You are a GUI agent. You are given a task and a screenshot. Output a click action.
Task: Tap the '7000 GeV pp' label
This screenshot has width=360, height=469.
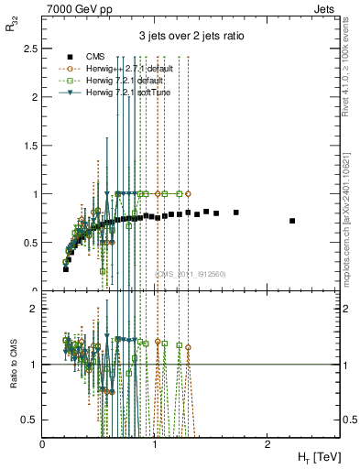point(74,7)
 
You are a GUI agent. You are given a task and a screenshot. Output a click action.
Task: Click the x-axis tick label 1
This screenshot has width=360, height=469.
point(155,443)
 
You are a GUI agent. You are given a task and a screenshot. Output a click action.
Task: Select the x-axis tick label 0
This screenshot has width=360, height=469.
point(43,443)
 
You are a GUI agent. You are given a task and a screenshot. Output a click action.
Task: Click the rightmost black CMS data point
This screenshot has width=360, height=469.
point(292,221)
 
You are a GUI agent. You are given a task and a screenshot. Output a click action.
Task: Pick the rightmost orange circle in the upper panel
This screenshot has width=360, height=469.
point(188,194)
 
